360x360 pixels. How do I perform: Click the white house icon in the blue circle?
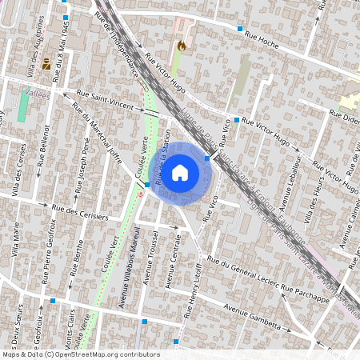[180, 172]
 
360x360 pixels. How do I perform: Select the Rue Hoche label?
[262, 40]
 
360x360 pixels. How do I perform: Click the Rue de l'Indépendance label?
[117, 46]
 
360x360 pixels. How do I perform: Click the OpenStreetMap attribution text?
[80, 354]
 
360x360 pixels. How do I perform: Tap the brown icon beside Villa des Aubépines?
[47, 64]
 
